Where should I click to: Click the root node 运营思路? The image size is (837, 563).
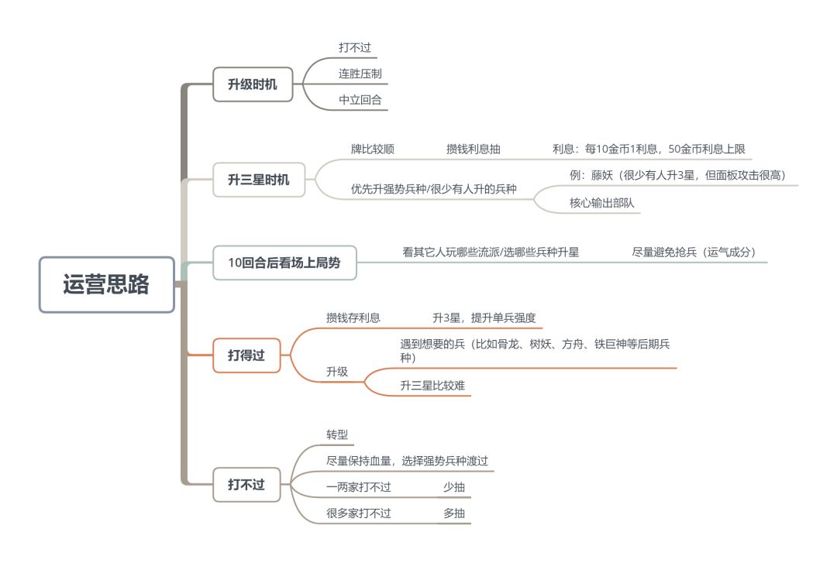pyautogui.click(x=107, y=284)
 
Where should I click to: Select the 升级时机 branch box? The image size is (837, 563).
pyautogui.click(x=253, y=84)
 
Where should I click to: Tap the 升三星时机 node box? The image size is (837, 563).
pyautogui.click(x=259, y=180)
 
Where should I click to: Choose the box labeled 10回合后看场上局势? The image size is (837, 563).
pyautogui.click(x=284, y=263)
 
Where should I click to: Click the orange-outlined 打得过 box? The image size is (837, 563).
pyautogui.click(x=246, y=355)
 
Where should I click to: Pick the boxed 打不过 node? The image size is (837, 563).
pyautogui.click(x=246, y=485)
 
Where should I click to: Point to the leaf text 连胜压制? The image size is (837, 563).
pyautogui.click(x=360, y=74)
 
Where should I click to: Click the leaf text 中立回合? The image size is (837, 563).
pyautogui.click(x=360, y=100)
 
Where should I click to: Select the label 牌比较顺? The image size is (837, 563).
pyautogui.click(x=373, y=149)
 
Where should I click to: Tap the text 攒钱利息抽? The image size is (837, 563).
pyautogui.click(x=474, y=149)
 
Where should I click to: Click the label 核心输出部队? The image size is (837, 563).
pyautogui.click(x=602, y=203)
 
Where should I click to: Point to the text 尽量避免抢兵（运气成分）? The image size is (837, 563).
pyautogui.click(x=694, y=252)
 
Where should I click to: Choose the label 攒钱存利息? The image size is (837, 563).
pyautogui.click(x=353, y=318)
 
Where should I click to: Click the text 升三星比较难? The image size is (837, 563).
pyautogui.click(x=433, y=386)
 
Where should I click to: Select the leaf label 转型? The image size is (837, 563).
pyautogui.click(x=337, y=435)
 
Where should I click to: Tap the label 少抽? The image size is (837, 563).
pyautogui.click(x=454, y=487)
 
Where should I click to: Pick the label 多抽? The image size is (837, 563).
pyautogui.click(x=454, y=513)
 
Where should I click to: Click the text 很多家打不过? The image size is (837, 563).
pyautogui.click(x=359, y=513)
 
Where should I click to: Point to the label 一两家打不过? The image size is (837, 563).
pyautogui.click(x=359, y=487)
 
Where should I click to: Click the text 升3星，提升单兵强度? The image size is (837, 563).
pyautogui.click(x=484, y=318)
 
